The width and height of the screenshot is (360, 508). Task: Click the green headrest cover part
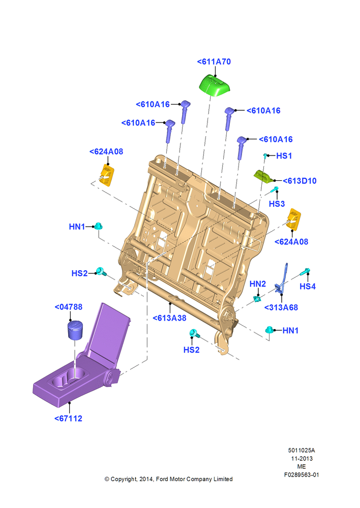point(215,85)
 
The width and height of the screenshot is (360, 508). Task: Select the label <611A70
point(214,61)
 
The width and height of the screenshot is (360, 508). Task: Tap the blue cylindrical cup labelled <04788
point(75,330)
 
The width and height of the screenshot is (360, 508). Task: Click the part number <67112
point(68,418)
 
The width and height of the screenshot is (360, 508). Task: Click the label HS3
point(277,204)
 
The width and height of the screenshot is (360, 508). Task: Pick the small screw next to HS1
point(265,156)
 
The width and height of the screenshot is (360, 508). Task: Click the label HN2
point(257,284)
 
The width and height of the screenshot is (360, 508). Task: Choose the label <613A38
point(169,318)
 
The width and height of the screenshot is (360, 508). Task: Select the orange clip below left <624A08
point(107,175)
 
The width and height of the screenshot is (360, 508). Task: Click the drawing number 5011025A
point(302,450)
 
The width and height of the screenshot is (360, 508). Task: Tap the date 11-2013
point(302,458)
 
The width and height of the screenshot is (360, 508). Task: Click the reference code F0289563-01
point(302,474)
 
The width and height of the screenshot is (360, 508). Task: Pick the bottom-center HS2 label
point(191,350)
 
